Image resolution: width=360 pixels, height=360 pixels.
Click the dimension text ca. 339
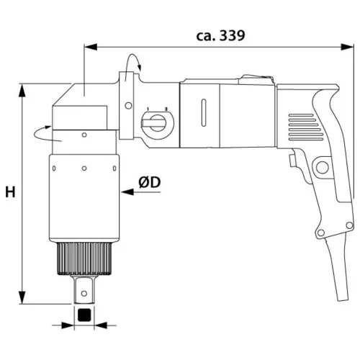point(220,36)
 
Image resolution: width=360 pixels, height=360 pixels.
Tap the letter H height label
point(10,192)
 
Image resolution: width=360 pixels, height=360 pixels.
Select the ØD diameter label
point(149,182)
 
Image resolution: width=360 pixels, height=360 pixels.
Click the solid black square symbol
point(84,315)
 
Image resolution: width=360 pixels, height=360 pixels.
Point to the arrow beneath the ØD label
point(140,192)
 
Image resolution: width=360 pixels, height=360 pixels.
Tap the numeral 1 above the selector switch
point(148,109)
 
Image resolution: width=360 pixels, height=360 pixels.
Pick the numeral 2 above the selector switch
point(166,109)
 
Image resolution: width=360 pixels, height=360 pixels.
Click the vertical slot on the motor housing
point(204,112)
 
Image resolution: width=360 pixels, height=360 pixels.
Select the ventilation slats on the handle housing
point(305,127)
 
